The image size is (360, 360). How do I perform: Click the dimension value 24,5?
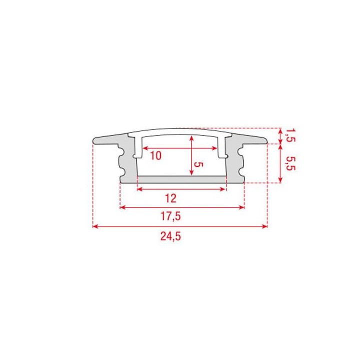(170, 237)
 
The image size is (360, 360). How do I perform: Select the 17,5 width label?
(170, 217)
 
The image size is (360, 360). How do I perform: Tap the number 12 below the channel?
(170, 198)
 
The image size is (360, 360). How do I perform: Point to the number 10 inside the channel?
(155, 155)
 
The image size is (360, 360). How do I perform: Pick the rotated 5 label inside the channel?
(199, 164)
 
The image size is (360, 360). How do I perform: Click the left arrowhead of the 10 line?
(145, 148)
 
